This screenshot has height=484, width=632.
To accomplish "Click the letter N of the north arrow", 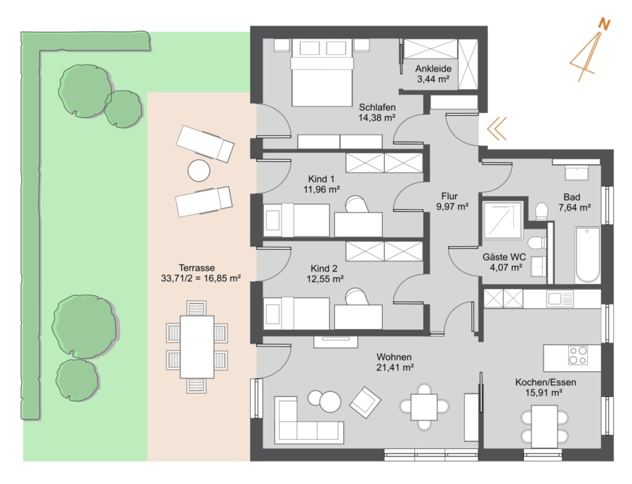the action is pyautogui.click(x=604, y=24).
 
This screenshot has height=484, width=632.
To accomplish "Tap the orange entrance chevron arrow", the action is pyautogui.click(x=496, y=129).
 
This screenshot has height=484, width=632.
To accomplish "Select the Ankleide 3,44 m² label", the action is pyautogui.click(x=433, y=74).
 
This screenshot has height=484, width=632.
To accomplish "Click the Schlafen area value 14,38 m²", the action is pyautogui.click(x=377, y=118).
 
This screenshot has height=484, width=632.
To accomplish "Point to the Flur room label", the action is pyautogui.click(x=449, y=196).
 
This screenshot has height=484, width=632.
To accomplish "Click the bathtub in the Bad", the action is pyautogui.click(x=588, y=255).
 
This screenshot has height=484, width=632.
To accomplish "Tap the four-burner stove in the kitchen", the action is pyautogui.click(x=578, y=355).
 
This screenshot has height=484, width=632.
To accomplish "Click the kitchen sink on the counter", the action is pyautogui.click(x=560, y=299).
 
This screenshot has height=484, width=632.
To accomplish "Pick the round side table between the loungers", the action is pyautogui.click(x=199, y=170).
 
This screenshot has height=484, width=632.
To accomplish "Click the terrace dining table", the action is pyautogui.click(x=197, y=347).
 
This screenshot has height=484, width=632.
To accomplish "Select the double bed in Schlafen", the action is pyautogui.click(x=322, y=73).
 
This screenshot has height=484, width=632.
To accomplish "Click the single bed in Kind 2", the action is pyautogui.click(x=296, y=313).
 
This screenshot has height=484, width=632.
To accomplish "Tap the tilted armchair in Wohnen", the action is pyautogui.click(x=365, y=402).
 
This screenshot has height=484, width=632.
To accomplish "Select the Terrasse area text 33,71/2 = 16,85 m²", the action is pyautogui.click(x=201, y=278).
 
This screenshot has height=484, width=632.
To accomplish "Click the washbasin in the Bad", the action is pyautogui.click(x=577, y=173).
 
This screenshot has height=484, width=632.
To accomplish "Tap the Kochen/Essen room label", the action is pyautogui.click(x=546, y=382).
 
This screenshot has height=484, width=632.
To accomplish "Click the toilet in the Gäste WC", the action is pyautogui.click(x=536, y=243).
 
